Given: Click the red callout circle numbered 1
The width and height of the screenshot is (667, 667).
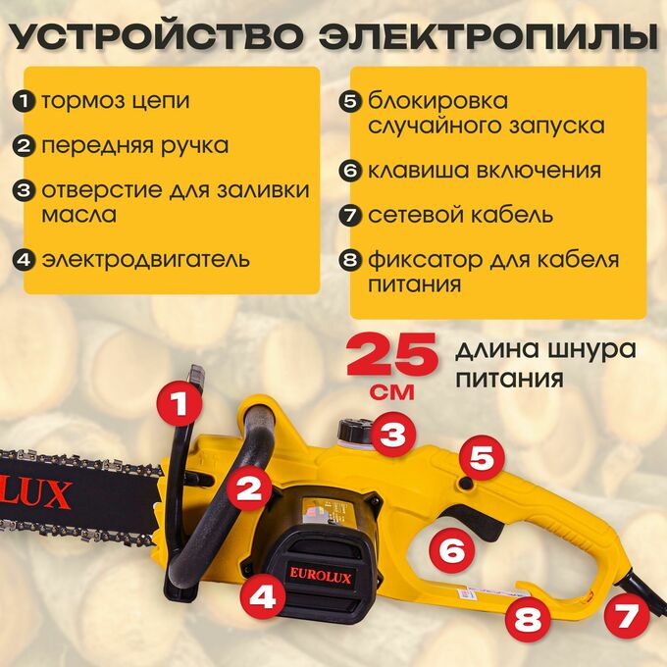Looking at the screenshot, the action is click(x=180, y=403).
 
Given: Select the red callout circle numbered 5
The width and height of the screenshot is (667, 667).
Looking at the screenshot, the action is click(x=482, y=457).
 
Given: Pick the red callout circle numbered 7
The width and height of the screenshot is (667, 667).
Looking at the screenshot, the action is click(x=627, y=616).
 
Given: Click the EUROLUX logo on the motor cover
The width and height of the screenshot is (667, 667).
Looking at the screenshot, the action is click(x=321, y=576).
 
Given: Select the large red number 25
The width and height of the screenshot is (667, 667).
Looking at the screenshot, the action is click(x=391, y=355).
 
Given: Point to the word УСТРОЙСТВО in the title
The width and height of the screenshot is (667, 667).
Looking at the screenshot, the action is click(x=156, y=37).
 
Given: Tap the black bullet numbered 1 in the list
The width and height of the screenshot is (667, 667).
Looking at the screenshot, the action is click(x=24, y=102).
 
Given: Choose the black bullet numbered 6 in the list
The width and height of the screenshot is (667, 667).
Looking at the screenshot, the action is click(x=350, y=171).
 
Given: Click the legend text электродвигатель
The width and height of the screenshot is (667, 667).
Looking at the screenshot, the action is click(x=145, y=260).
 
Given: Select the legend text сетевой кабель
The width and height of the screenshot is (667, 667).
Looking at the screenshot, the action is click(x=460, y=214).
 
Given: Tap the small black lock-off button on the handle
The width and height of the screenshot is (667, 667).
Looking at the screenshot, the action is click(x=467, y=484).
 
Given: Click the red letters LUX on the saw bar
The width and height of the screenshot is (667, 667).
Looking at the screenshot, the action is click(x=35, y=494).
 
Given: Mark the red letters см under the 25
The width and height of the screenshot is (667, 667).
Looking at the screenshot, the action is click(x=392, y=391).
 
